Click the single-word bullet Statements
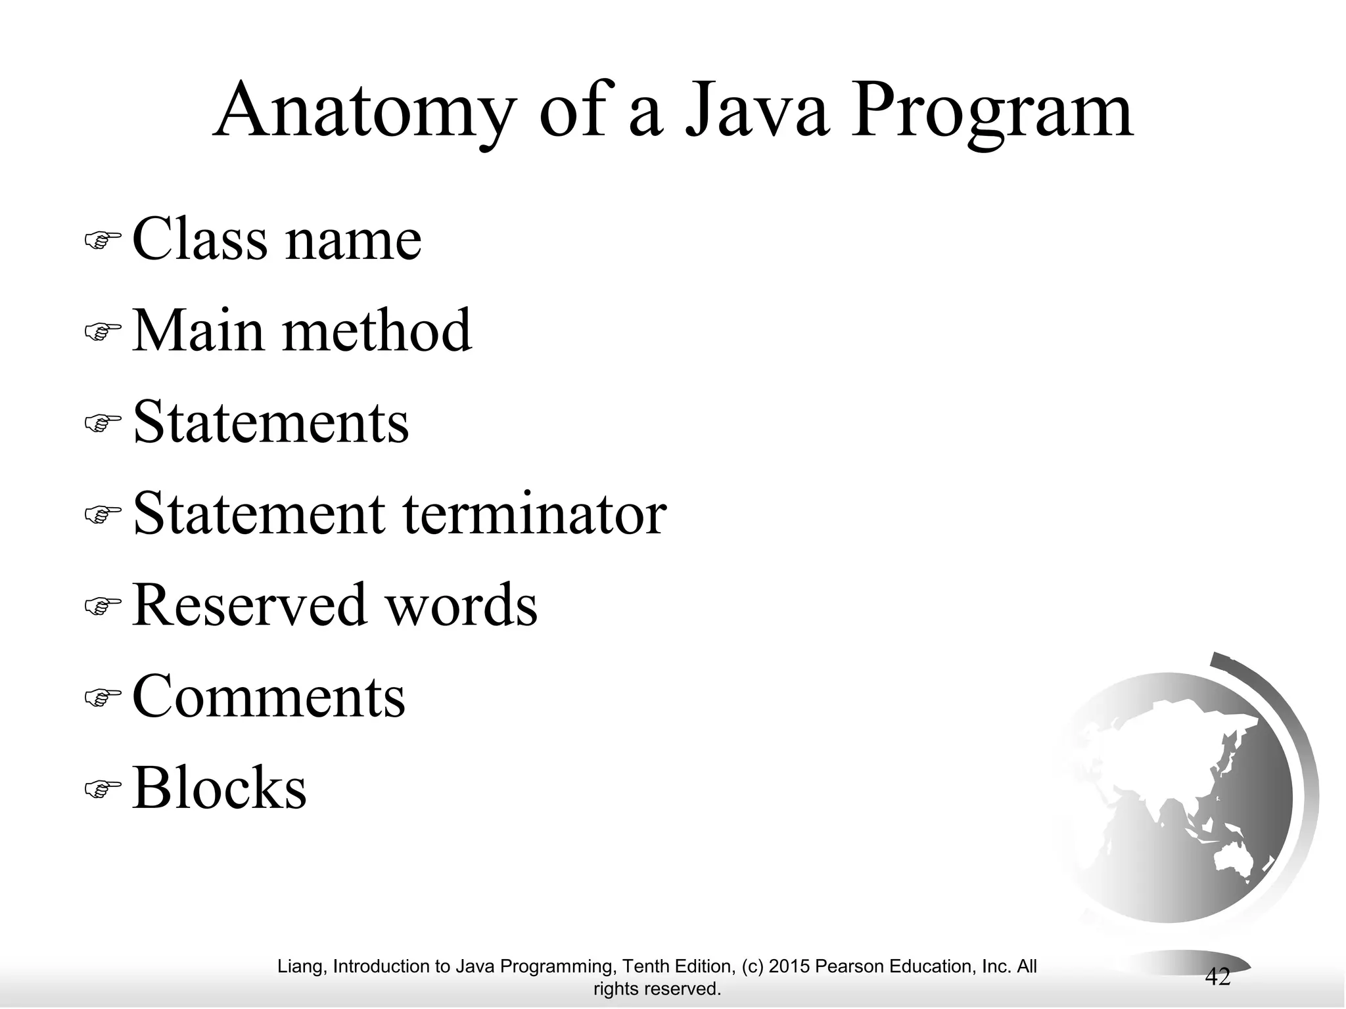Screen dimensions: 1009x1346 [271, 422]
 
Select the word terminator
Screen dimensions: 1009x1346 [534, 514]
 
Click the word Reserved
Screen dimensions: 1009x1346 [249, 605]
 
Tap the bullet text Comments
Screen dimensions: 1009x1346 [269, 696]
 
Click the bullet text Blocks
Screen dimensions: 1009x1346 [220, 788]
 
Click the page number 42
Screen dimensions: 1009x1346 [1217, 977]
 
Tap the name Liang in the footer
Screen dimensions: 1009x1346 [300, 966]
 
